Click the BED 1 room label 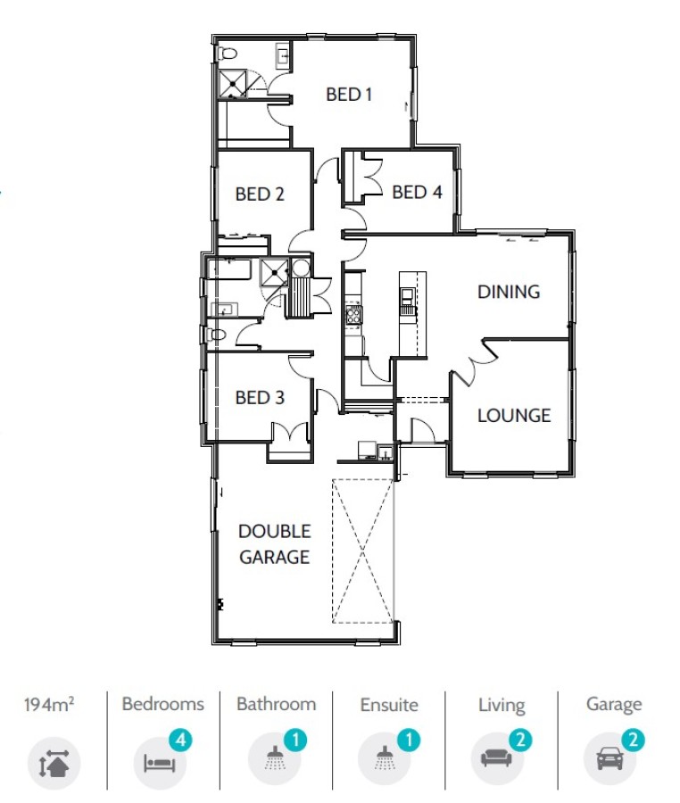[349, 95]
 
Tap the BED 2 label [260, 195]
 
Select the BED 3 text [260, 397]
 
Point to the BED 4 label [417, 192]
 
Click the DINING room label [509, 292]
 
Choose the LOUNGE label [514, 415]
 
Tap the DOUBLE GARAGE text [275, 544]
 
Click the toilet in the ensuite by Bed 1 [228, 53]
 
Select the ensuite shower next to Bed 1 [233, 84]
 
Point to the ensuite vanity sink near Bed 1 [283, 56]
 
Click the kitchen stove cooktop [353, 314]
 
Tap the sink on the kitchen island [408, 295]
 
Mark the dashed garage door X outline [363, 551]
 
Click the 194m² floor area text [49, 705]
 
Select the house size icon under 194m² [54, 763]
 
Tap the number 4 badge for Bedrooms [180, 741]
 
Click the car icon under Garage [610, 758]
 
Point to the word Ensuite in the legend [389, 705]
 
